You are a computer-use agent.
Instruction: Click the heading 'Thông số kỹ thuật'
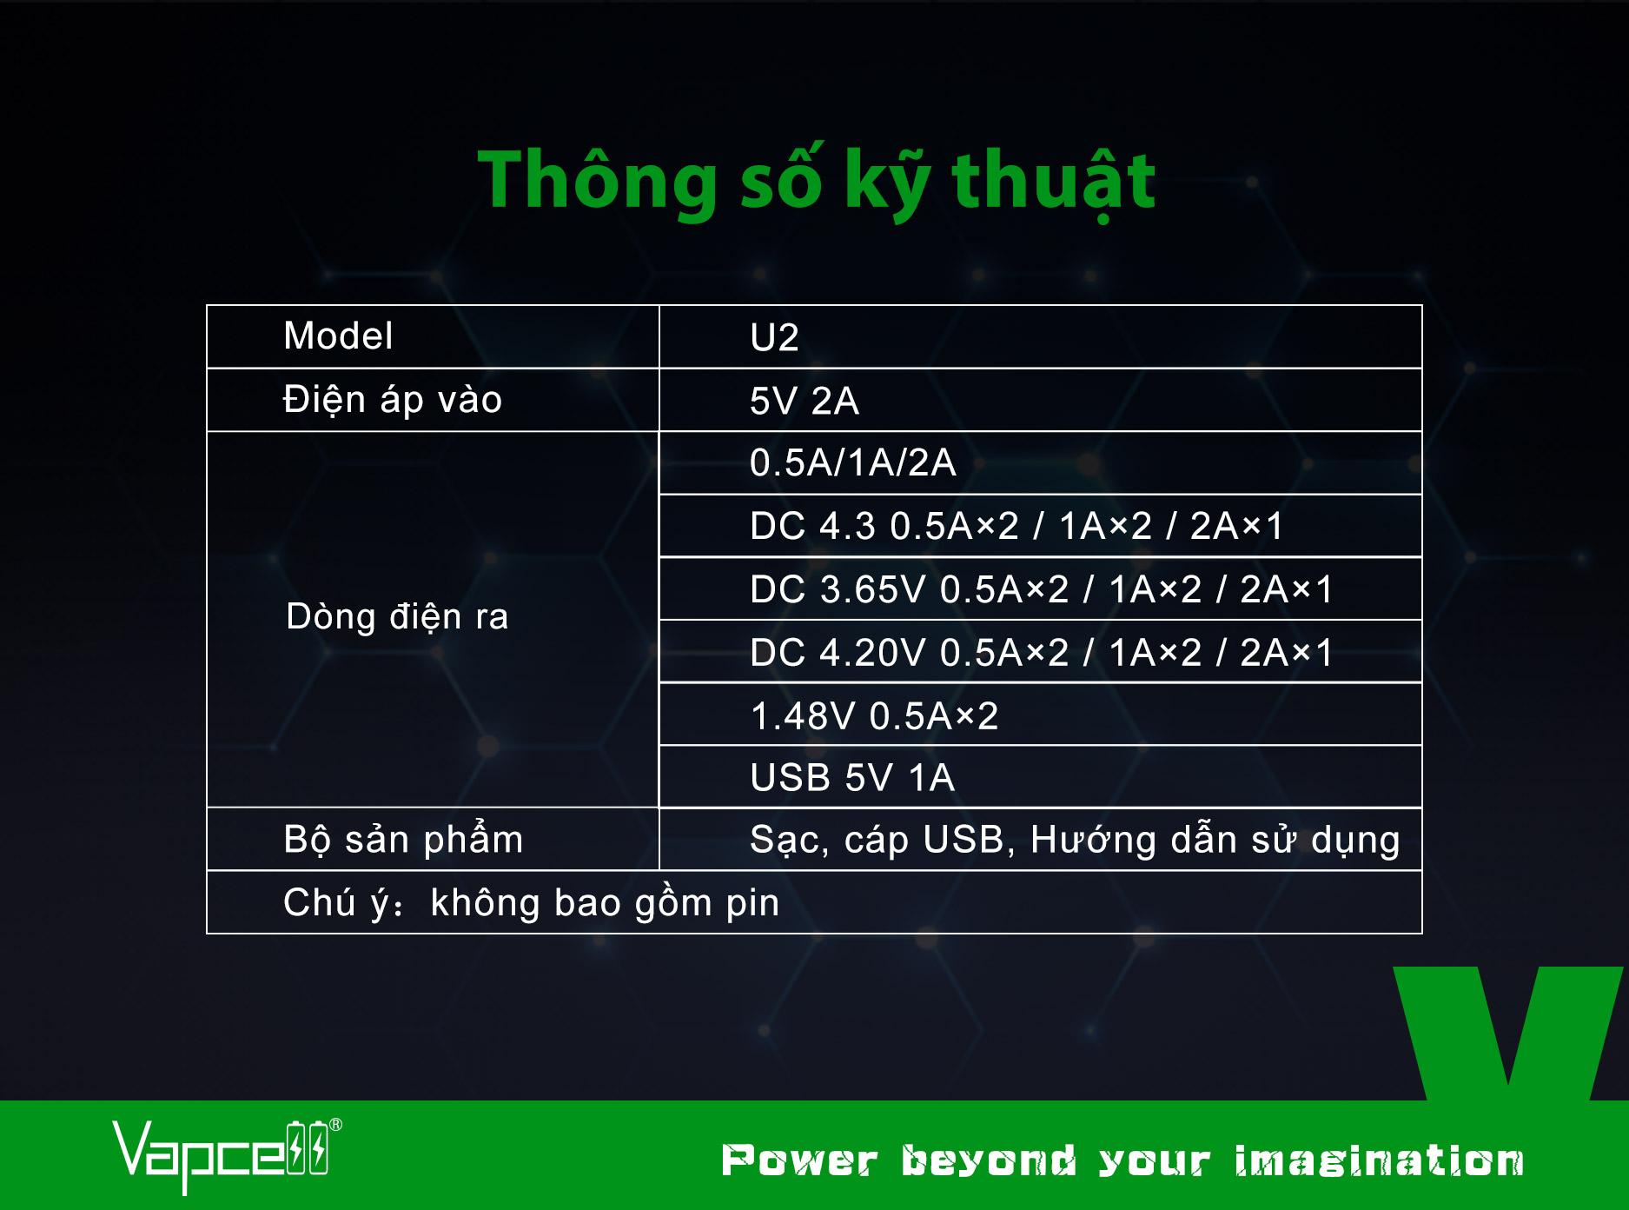[x=817, y=181]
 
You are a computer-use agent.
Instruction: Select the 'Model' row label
[x=338, y=336]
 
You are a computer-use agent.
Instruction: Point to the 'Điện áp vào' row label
[x=393, y=400]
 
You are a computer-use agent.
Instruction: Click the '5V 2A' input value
[x=805, y=401]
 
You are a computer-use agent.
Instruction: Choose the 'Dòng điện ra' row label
[x=397, y=616]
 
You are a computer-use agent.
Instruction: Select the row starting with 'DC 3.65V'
[x=1041, y=589]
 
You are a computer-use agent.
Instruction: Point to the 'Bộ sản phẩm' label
[x=403, y=840]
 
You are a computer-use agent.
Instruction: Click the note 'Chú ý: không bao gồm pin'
[x=532, y=903]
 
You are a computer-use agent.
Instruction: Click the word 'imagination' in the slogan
[x=1379, y=1161]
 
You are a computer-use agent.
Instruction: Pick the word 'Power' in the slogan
[x=799, y=1161]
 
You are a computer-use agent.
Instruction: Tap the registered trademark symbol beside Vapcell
[x=336, y=1125]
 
